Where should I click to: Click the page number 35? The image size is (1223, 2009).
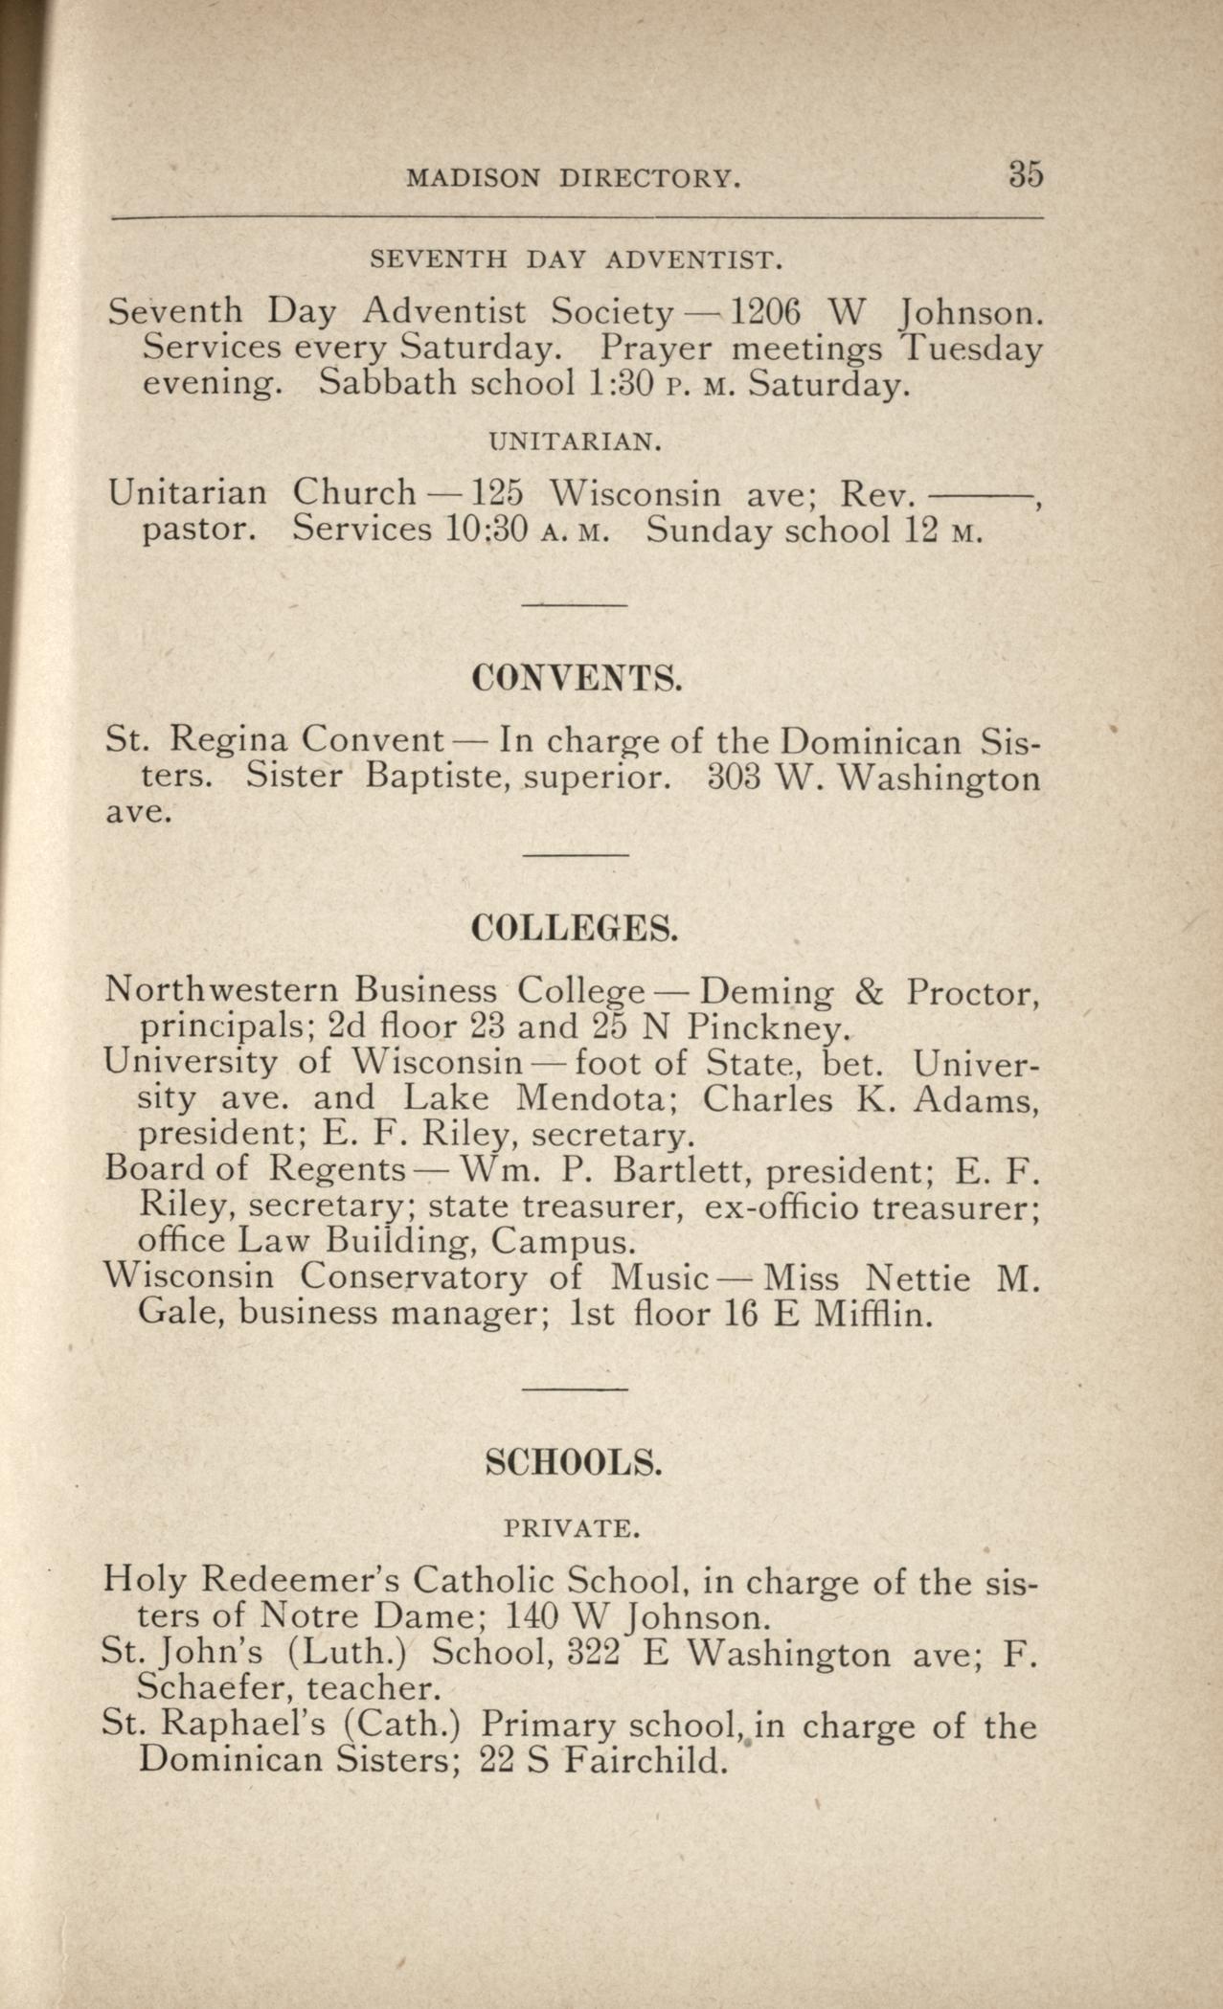coord(1024,175)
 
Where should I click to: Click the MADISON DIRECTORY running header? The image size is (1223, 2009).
coord(574,178)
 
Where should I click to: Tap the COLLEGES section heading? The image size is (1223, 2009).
coord(576,929)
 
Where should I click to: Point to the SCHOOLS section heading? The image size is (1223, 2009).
coord(574,1462)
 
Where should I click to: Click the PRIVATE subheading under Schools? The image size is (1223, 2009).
coord(572,1528)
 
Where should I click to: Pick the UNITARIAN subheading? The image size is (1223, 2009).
coord(575,441)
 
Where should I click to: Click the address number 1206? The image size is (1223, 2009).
coord(764,311)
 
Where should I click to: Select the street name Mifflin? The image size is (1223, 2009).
coord(871,1314)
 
